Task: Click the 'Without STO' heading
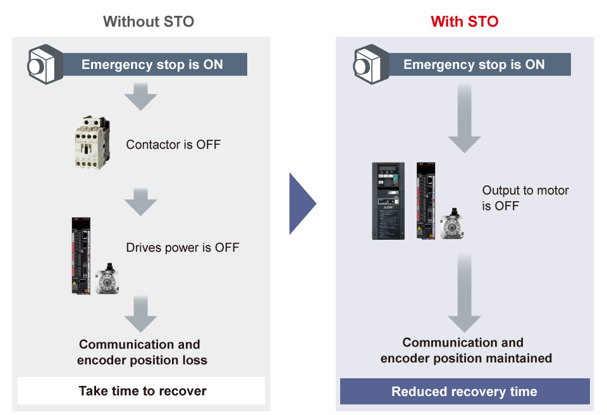click(149, 22)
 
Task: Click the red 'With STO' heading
click(465, 22)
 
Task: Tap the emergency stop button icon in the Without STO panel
click(45, 65)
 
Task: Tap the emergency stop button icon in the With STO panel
click(371, 65)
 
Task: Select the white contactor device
click(92, 142)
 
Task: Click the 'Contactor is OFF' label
click(173, 144)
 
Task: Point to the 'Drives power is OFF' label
click(183, 247)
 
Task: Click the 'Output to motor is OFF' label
click(525, 198)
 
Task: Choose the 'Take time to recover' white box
click(141, 390)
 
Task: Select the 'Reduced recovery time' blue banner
click(465, 392)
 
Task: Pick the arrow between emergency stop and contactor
click(140, 97)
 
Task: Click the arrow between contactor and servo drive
click(140, 202)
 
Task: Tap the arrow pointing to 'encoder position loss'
click(140, 314)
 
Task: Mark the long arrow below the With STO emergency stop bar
click(464, 118)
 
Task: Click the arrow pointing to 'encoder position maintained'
click(464, 294)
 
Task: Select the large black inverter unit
click(388, 201)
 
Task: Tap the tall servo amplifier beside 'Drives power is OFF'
click(81, 256)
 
